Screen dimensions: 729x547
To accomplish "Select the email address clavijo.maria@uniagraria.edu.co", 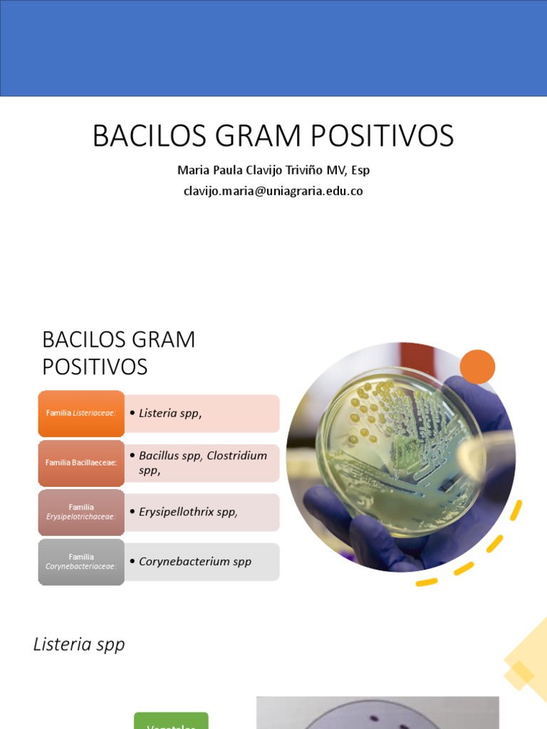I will [x=273, y=191].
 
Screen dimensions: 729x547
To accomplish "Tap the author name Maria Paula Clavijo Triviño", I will [x=253, y=171].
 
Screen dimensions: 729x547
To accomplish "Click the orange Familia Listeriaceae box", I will [x=81, y=413].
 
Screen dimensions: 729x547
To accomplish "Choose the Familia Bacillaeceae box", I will [x=81, y=463].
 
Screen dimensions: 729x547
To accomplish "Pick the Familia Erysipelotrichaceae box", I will [x=81, y=512].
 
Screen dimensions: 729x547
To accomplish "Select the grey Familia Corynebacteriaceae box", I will [x=81, y=562].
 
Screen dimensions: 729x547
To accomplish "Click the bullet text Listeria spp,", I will [x=170, y=413].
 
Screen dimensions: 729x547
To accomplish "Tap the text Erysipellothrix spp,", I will [x=188, y=512].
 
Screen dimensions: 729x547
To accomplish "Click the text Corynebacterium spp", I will [x=195, y=561].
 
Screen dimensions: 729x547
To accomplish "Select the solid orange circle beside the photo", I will [x=477, y=367].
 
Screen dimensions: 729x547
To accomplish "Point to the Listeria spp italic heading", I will [x=79, y=644].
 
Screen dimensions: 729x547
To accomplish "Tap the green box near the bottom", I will [x=171, y=720].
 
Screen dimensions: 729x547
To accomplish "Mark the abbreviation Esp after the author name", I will [x=360, y=171].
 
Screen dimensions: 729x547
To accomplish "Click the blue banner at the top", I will [x=273, y=48].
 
